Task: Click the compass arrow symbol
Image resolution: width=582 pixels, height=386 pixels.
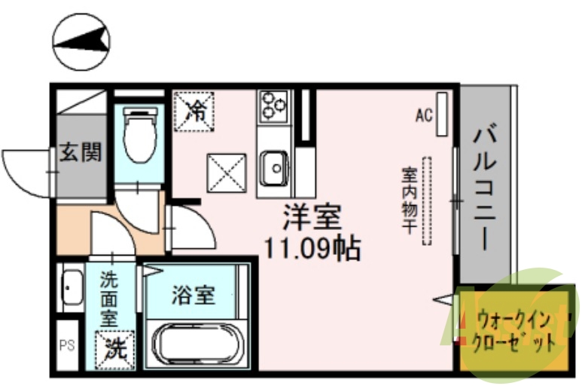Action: click(x=81, y=39)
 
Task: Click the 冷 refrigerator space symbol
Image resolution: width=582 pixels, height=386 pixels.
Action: click(x=195, y=112)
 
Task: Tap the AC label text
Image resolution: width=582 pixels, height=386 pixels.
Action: click(x=423, y=115)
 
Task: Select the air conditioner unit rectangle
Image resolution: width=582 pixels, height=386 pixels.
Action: click(x=442, y=113)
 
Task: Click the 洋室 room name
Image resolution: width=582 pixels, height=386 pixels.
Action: click(x=312, y=218)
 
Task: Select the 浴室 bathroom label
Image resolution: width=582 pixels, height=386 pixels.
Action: click(x=193, y=295)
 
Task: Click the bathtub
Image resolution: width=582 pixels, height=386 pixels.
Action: click(x=193, y=342)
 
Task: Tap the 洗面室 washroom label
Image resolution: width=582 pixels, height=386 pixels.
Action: click(x=110, y=298)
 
